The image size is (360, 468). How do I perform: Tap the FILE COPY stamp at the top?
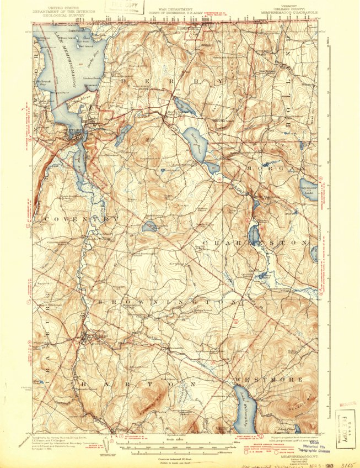126,7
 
